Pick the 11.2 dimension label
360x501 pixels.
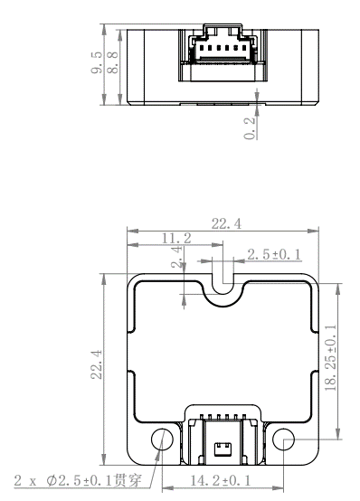click(x=175, y=239)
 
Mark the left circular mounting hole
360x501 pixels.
click(x=163, y=440)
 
